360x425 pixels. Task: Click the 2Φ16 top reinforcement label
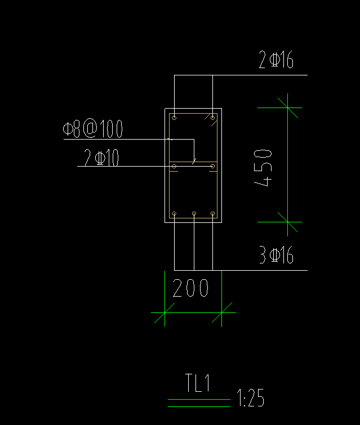[x=276, y=60]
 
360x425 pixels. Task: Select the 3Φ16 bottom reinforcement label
[x=276, y=256]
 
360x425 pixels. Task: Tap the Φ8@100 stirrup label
[x=93, y=129]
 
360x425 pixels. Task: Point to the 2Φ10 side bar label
[x=101, y=158]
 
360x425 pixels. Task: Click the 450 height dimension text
[x=264, y=167]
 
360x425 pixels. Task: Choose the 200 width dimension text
[x=190, y=289]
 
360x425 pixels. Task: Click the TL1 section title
[x=198, y=384]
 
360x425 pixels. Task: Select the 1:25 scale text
[x=251, y=399]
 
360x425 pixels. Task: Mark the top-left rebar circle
[x=175, y=118]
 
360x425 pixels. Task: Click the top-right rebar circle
[x=212, y=118]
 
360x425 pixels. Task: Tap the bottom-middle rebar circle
[x=194, y=214]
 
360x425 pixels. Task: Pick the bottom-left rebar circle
[x=175, y=214]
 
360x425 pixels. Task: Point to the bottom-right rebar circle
[x=212, y=214]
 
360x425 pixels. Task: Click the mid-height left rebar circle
[x=175, y=166]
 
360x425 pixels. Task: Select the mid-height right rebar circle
[x=212, y=166]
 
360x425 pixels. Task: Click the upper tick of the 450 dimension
[x=287, y=108]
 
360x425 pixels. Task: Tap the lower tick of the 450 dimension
[x=287, y=222]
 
